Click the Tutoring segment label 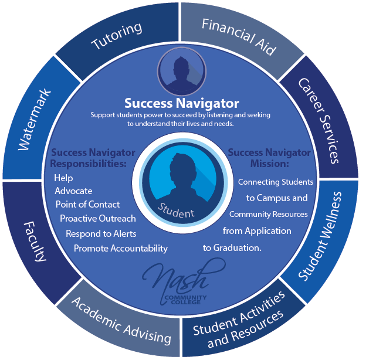[x=117, y=36]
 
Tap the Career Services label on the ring [x=319, y=121]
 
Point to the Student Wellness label [x=320, y=236]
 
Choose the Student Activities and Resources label [x=239, y=321]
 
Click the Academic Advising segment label [x=121, y=321]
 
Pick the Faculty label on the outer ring [x=35, y=242]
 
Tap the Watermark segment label [x=35, y=120]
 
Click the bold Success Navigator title [x=181, y=103]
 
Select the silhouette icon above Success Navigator [x=181, y=71]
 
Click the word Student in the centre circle [x=176, y=210]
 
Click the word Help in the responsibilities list [x=63, y=178]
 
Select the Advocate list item [x=73, y=191]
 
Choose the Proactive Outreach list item [x=98, y=218]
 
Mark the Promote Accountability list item [x=121, y=249]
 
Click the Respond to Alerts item [x=101, y=234]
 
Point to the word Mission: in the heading [x=269, y=164]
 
